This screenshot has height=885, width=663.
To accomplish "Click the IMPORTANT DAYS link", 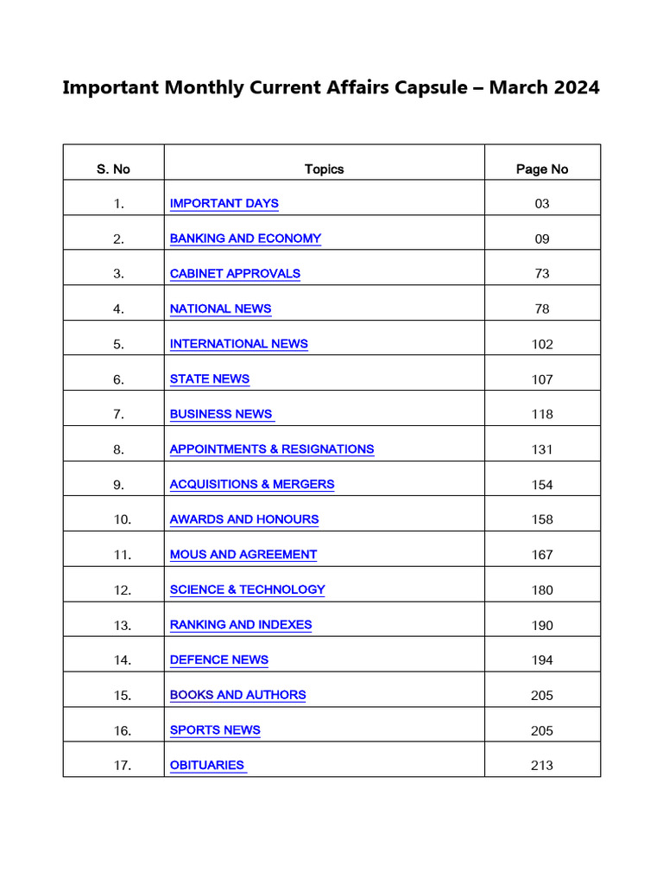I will point(224,203).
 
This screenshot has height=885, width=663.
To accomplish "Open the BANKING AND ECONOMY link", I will point(245,239).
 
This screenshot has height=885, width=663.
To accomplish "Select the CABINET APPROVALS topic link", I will point(235,273).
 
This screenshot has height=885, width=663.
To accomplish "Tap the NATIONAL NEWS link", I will point(220,309).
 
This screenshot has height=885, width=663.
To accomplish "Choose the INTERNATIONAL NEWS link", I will point(238,343).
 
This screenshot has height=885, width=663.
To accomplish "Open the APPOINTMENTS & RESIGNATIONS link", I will point(272,449).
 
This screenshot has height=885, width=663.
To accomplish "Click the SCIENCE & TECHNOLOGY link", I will point(247,589).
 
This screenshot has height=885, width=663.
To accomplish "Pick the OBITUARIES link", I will point(207,765).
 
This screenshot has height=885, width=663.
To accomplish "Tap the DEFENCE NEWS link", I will point(219,659).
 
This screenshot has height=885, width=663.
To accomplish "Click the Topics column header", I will point(324,169).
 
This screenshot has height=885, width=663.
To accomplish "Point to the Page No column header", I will point(542,169).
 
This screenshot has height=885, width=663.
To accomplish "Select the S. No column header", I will point(113,169).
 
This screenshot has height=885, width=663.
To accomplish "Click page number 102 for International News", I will point(542,344).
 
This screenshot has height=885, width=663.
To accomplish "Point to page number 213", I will point(542,766).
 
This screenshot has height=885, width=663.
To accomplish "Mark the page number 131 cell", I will point(542,449).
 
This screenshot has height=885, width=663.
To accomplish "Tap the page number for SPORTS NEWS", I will point(542,730).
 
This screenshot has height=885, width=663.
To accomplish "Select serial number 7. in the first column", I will point(119,414).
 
